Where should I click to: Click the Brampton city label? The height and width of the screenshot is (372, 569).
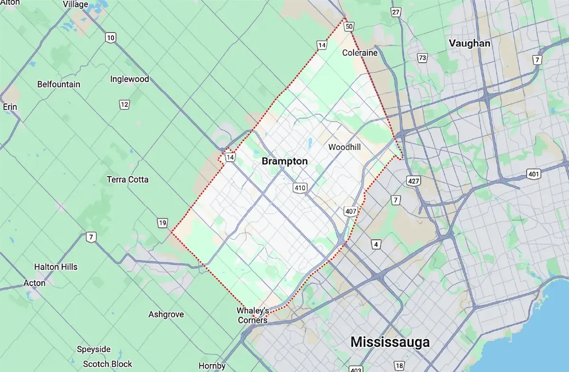click(284, 161)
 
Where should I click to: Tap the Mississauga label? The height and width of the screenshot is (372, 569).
click(390, 342)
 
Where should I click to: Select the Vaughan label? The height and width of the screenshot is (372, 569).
click(469, 43)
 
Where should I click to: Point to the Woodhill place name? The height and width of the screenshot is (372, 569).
click(344, 147)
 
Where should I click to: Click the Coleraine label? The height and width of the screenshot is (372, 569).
click(360, 53)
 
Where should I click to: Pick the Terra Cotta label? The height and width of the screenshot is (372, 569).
click(128, 179)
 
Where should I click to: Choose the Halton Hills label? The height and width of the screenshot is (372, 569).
click(55, 267)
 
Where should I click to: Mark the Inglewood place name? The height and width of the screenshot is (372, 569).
click(129, 79)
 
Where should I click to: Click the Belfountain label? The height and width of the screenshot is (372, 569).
click(59, 84)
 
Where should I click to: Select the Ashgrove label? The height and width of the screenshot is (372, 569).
click(166, 314)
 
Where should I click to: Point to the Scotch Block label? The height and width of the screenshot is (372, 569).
click(108, 364)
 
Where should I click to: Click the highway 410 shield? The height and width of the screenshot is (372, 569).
click(300, 188)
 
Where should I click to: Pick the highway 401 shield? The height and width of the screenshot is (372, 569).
click(533, 175)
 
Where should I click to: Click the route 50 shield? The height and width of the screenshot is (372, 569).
click(349, 27)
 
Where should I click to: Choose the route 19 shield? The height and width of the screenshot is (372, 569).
click(163, 223)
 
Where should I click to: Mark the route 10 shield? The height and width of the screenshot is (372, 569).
click(110, 38)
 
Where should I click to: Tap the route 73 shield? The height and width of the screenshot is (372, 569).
click(422, 58)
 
